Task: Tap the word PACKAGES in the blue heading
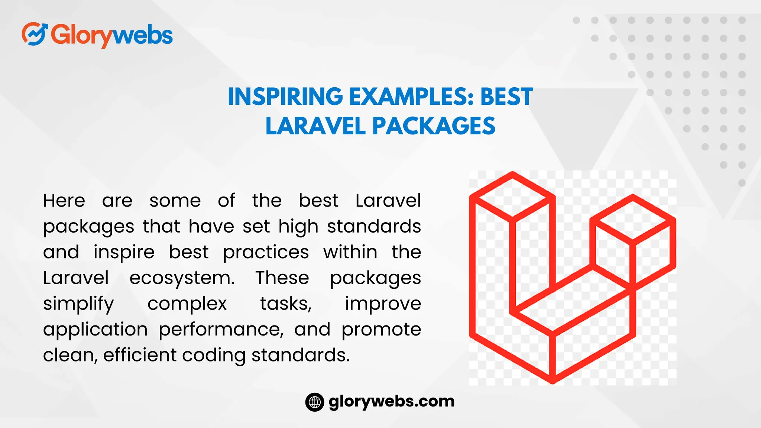click(x=434, y=126)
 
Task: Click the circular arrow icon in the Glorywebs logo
click(x=34, y=34)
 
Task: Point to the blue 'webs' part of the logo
click(x=142, y=35)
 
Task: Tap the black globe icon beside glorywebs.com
click(x=315, y=402)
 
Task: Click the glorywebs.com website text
click(x=392, y=401)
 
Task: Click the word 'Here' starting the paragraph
click(x=64, y=201)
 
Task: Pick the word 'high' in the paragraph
click(x=298, y=227)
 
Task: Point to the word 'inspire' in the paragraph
click(x=124, y=253)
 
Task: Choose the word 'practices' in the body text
click(x=266, y=253)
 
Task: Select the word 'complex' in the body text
click(x=187, y=304)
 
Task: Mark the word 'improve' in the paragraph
click(x=383, y=304)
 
